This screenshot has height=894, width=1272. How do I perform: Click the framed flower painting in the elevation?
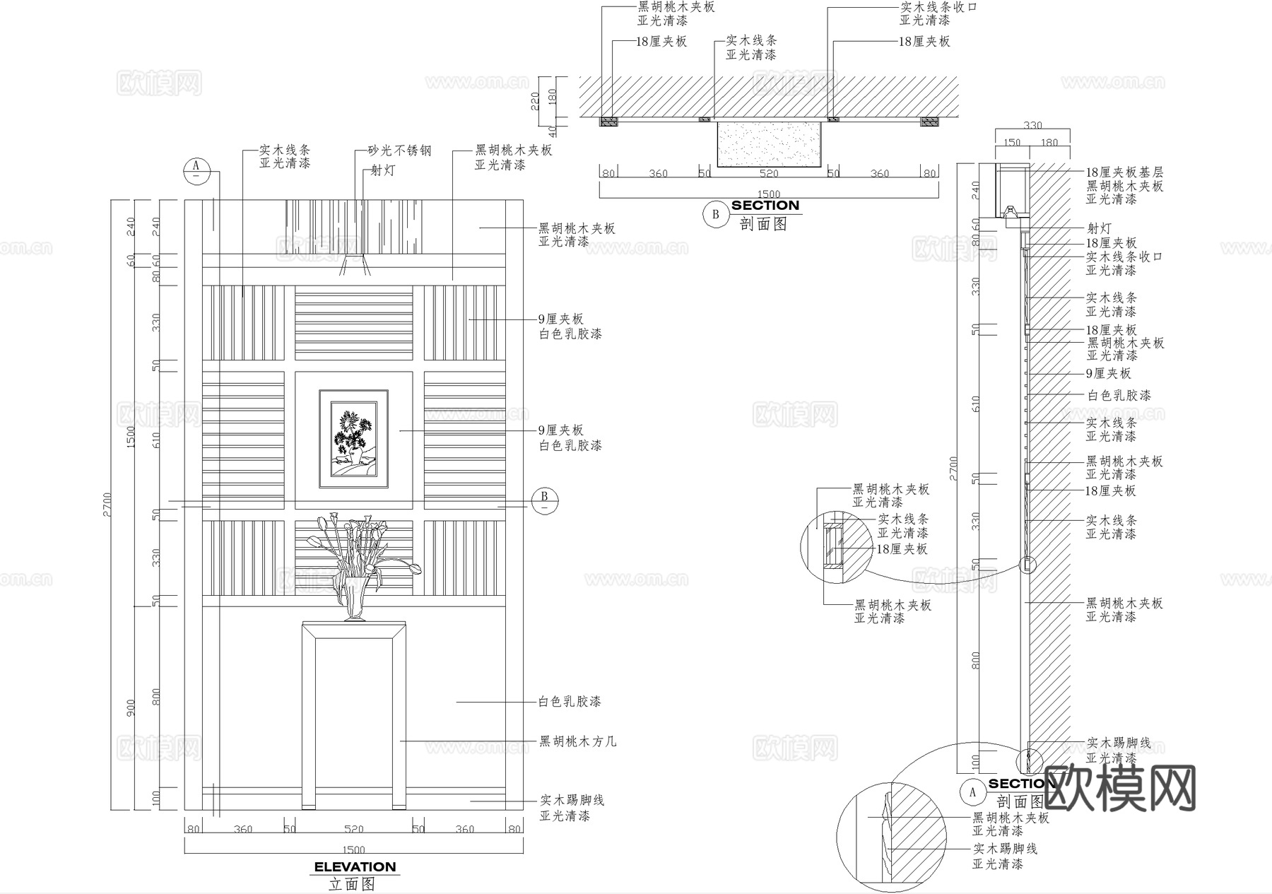[x=353, y=438]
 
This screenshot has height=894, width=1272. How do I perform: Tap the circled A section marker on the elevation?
[x=197, y=170]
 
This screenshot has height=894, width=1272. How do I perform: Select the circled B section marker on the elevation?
[x=545, y=500]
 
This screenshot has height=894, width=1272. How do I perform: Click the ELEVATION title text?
[x=355, y=867]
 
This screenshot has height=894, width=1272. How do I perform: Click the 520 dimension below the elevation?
[x=353, y=829]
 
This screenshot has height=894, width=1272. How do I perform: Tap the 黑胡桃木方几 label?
[x=577, y=741]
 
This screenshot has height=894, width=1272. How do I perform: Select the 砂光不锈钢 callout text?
[x=399, y=151]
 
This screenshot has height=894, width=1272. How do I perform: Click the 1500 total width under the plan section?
[x=769, y=194]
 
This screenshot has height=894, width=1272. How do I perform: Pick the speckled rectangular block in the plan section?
[x=769, y=143]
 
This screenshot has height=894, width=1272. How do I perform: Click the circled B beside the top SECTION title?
[x=715, y=214]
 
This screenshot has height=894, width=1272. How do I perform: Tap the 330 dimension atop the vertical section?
[x=1033, y=126]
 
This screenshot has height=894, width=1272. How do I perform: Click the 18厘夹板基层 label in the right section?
[x=1124, y=172]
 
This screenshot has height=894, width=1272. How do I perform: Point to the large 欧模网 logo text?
[x=1120, y=788]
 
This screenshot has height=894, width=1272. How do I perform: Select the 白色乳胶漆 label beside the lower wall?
[x=570, y=702]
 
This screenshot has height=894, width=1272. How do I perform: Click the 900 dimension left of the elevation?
[x=131, y=707]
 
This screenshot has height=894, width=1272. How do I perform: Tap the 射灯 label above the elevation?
[x=383, y=170]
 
